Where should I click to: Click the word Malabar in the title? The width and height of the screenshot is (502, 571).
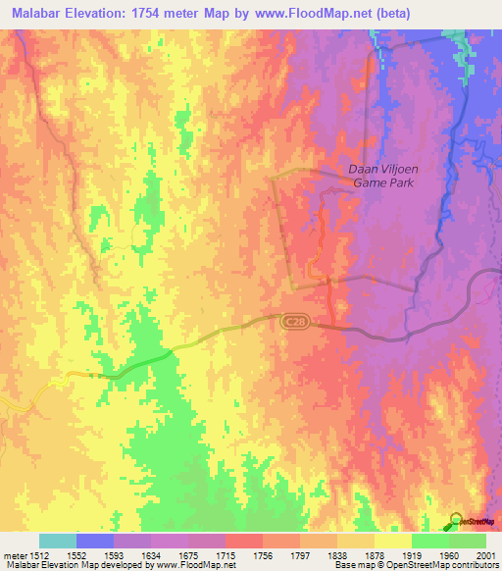(38, 13)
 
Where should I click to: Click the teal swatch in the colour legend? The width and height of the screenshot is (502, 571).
(58, 541)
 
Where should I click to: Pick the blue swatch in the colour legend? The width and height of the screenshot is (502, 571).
(95, 541)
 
